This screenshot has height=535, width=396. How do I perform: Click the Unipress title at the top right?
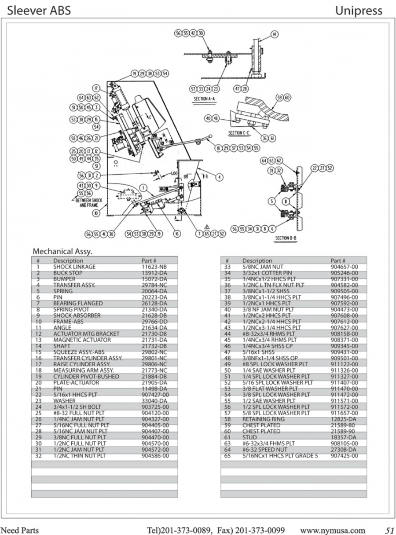click(x=358, y=10)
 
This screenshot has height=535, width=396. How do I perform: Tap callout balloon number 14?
click(x=275, y=34)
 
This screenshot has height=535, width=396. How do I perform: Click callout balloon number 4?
click(x=220, y=177)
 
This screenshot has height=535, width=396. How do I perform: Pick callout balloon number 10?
click(x=96, y=213)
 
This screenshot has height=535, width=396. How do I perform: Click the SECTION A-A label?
click(x=204, y=99)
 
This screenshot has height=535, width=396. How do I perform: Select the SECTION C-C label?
click(x=239, y=132)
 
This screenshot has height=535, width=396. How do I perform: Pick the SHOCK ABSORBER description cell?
click(x=77, y=315)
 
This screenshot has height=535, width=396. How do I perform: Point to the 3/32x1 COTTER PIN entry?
click(x=264, y=273)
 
